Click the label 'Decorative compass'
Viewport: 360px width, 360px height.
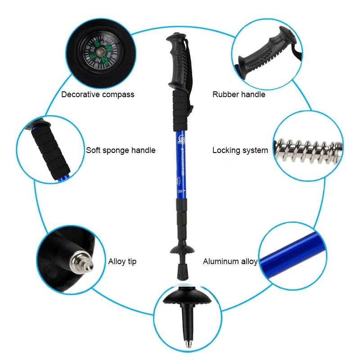98,94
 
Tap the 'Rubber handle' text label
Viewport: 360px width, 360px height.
239,94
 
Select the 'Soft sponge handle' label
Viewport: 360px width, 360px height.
121,150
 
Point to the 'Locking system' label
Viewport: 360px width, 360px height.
240,150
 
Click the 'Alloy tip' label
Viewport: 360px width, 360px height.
122,261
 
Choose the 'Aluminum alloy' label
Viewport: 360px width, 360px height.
230,261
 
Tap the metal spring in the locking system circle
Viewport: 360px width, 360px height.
308,150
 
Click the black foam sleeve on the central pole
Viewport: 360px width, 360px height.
180,110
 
